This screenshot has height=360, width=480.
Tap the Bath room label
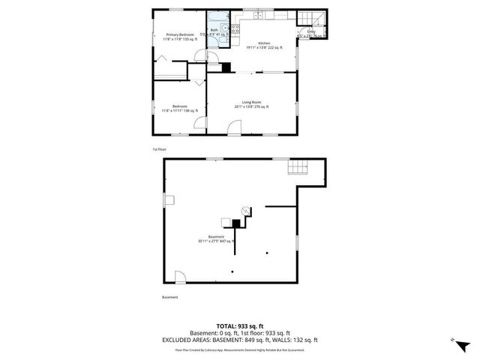coord(214,31)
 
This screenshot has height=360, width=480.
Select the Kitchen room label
coord(264,43)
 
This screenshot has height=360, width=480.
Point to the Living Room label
coord(251,102)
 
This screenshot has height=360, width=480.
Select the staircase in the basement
coord(299,167)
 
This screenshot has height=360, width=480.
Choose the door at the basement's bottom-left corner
coord(181,278)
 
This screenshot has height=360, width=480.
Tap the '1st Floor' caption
coord(160,149)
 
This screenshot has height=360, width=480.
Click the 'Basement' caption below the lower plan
coord(170,297)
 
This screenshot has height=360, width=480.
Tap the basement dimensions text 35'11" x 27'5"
coord(217,241)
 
